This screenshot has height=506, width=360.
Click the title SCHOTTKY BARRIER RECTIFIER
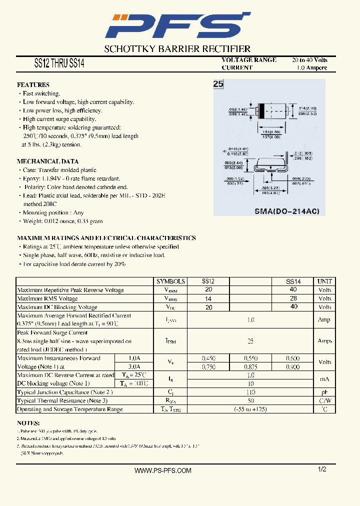point(177,49)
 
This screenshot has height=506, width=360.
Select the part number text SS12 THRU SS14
point(59,64)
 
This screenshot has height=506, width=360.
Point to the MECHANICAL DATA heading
point(47,161)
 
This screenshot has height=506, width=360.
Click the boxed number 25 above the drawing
point(218,84)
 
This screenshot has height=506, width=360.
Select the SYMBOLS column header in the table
point(170,281)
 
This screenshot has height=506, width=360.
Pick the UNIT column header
point(324,281)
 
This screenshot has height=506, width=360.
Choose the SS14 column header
point(293,281)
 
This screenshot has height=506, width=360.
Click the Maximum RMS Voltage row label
point(47,298)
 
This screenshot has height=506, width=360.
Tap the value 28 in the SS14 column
point(293,298)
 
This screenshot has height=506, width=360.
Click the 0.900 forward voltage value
point(293,367)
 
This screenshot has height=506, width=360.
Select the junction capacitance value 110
point(250,392)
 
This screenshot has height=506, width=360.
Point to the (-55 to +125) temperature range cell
point(250,409)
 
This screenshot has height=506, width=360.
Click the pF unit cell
point(324,392)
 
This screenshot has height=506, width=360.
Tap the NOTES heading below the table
point(28,422)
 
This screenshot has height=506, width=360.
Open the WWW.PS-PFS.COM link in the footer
point(163,470)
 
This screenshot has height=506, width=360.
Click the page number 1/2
point(322,469)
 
